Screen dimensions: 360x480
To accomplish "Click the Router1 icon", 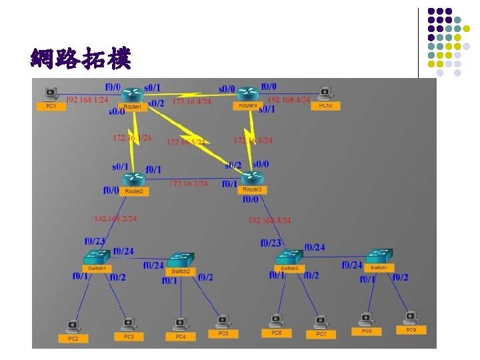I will click(x=133, y=95).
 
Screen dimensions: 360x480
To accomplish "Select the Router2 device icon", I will click(x=134, y=179).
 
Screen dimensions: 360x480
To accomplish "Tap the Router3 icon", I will click(x=252, y=178).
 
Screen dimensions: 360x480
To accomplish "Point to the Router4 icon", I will click(x=247, y=94).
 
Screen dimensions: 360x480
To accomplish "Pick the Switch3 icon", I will click(x=289, y=257).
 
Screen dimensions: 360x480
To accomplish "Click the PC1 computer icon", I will click(x=51, y=94).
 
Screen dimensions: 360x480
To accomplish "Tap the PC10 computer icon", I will click(x=325, y=93).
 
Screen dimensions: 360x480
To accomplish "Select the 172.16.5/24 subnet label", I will click(x=186, y=142).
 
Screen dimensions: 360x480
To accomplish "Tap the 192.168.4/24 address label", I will click(x=289, y=99).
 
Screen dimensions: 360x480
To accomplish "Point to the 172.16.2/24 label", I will click(x=189, y=183).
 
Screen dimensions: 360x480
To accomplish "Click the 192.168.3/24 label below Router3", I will click(x=269, y=220).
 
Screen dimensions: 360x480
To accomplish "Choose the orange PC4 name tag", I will click(x=180, y=337).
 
